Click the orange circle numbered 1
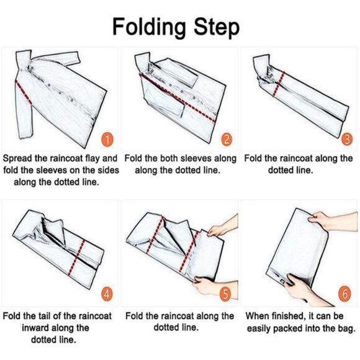coord(107,140)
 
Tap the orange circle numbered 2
coord(226,139)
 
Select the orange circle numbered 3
coord(347,139)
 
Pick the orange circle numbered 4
coord(107,294)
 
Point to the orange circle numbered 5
coord(226,294)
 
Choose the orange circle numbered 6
coord(345,294)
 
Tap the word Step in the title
coord(216,29)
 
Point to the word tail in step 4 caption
coord(43,316)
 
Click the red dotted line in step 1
coord(24,92)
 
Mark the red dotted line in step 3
coord(279,84)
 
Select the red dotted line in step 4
coord(76,258)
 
